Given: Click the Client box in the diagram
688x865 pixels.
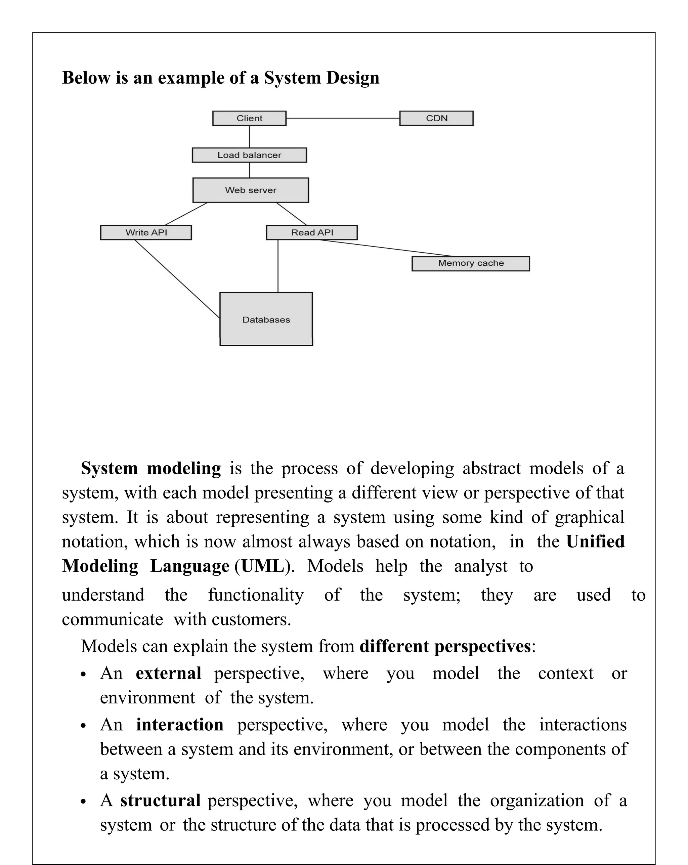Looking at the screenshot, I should click(x=249, y=118).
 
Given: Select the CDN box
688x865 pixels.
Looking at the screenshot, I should click(x=436, y=118).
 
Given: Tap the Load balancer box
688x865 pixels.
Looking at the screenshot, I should click(x=249, y=155).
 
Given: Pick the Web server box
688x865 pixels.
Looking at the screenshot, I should click(x=250, y=190).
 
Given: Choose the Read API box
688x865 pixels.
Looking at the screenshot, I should click(x=312, y=233).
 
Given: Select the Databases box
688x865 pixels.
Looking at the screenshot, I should click(x=266, y=319).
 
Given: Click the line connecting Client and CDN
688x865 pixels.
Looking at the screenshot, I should click(x=343, y=118).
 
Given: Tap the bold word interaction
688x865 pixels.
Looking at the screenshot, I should click(x=179, y=725).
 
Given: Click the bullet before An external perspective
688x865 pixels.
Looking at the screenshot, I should click(x=83, y=675).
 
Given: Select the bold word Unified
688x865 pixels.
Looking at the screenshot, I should click(x=595, y=542).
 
